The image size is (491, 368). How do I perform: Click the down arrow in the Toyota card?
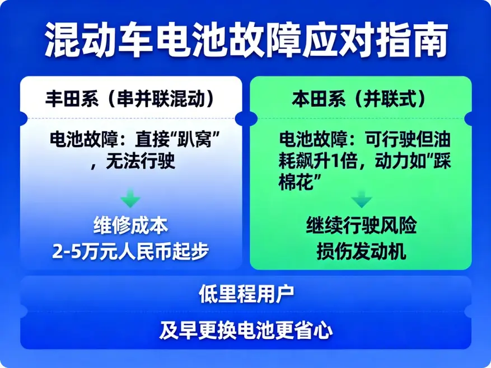130,199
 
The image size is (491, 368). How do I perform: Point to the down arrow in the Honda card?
361,200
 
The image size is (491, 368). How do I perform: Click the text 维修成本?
130,227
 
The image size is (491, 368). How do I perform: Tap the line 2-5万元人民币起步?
130,251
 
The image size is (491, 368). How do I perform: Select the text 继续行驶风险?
361,227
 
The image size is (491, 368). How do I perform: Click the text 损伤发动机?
361,251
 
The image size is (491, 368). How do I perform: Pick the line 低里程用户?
245,294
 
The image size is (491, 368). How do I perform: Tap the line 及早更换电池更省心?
245,331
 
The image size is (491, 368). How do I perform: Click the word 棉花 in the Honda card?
297,182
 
